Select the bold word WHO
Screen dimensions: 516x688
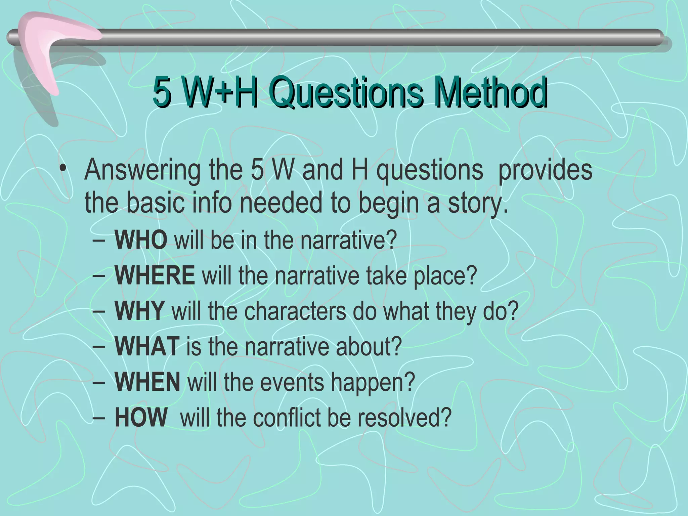[141, 240]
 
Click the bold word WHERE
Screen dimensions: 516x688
[155, 275]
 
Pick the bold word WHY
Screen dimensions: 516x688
[139, 310]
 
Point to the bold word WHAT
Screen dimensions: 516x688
[147, 346]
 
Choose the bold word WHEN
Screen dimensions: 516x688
[147, 382]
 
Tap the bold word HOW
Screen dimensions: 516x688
[141, 417]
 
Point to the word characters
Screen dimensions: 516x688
[295, 311]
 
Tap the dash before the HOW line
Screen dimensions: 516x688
[98, 418]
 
